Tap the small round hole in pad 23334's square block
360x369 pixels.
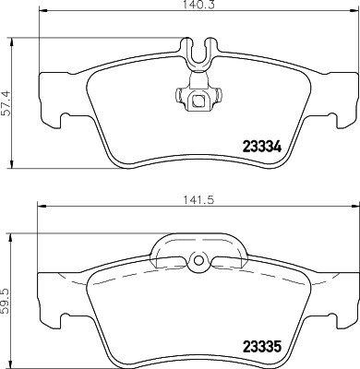point(196,101)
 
